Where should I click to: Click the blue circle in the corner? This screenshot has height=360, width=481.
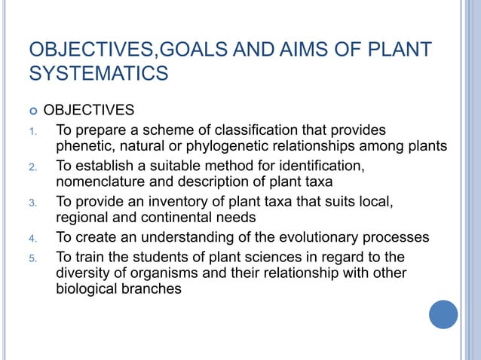tap(443, 314)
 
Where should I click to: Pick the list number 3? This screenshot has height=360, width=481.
tap(33, 203)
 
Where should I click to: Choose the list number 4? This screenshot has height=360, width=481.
tap(33, 239)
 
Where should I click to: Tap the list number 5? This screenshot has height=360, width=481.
tap(33, 258)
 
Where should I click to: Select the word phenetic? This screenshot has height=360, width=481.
tap(85, 146)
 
